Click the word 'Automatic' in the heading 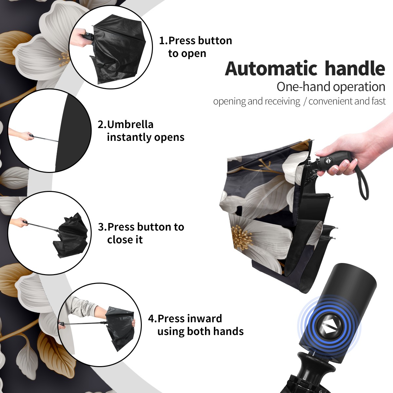(271, 69)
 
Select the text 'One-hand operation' (331, 87)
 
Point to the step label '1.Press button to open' (196, 47)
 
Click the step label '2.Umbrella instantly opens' (141, 131)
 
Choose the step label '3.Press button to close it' (141, 233)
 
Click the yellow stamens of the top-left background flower (64, 59)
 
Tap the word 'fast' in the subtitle (379, 101)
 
